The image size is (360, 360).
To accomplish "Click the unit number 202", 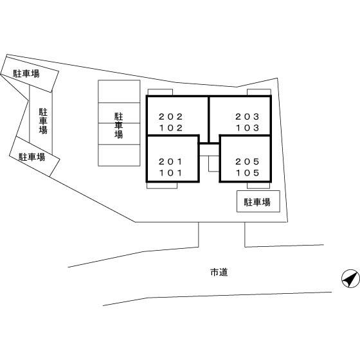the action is tap(170, 116).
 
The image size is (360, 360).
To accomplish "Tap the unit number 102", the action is tap(171, 128).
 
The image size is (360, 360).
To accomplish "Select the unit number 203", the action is tap(248, 116).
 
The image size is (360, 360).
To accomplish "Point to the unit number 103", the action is tap(248, 128).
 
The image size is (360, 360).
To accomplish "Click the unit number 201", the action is tap(170, 161).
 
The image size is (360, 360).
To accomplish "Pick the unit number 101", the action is tap(170, 173).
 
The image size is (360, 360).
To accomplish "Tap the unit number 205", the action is tap(248, 161).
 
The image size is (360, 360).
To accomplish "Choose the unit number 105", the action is tap(248, 173).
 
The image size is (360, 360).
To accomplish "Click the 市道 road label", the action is tap(219, 273).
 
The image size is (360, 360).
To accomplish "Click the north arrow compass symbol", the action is tap(350, 278).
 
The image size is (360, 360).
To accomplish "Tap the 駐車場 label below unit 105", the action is tap(257, 203).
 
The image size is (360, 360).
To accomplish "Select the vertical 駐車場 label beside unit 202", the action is tap(119, 125).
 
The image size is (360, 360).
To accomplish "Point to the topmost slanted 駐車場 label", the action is tap(26, 73).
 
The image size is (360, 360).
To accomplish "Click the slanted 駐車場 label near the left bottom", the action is tap(32, 157).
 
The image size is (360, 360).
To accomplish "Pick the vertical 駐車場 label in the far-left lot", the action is tap(43, 121).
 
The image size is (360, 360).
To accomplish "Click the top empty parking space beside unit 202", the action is tap(119, 91).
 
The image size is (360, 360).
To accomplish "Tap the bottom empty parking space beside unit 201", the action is tap(119, 155).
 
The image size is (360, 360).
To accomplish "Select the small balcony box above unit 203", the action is tap(259, 92).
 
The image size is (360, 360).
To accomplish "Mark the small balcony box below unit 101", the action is tap(162, 186).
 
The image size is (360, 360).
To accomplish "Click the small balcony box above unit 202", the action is tap(160, 92).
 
